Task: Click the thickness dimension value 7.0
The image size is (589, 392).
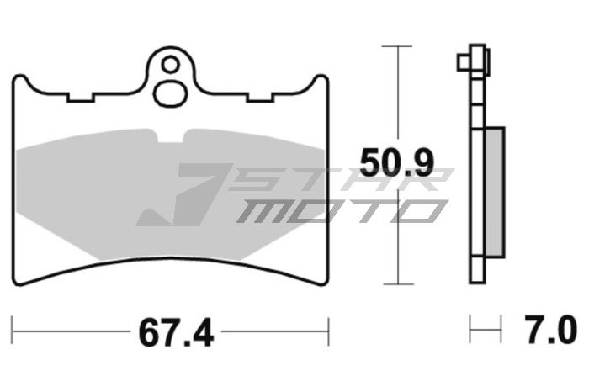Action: coord(552,327)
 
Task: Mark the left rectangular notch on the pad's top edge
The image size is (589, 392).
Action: coord(81,96)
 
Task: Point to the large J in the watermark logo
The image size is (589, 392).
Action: coord(181,198)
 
